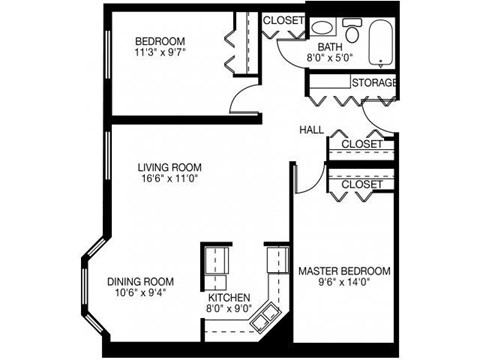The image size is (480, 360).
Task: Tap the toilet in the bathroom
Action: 351,26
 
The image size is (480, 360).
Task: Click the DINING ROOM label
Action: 140,282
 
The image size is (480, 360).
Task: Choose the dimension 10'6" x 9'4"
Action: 140,295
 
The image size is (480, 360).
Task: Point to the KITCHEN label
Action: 228,298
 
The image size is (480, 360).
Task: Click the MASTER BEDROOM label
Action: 344,271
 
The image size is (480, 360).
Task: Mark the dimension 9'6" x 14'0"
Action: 344,284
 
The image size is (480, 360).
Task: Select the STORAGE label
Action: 374,82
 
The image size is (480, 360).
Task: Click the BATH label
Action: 329,47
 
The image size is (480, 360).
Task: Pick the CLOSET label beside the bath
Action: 283,20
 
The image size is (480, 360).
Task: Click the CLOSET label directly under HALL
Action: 361,145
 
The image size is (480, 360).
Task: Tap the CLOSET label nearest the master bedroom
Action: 361,185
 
